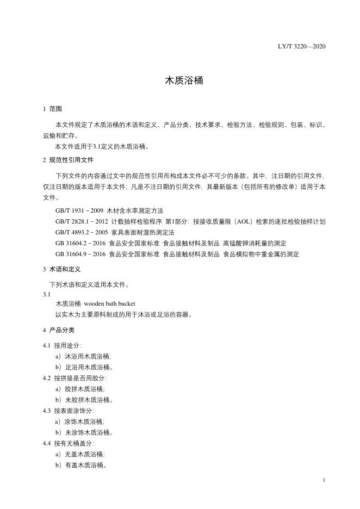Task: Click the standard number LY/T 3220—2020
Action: click(x=301, y=46)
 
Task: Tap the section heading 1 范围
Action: click(x=53, y=109)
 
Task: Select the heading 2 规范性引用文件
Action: click(x=68, y=160)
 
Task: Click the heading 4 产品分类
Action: click(x=58, y=330)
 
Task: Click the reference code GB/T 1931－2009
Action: click(x=80, y=210)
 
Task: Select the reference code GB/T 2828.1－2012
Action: click(x=82, y=221)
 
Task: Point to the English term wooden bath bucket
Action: click(x=110, y=303)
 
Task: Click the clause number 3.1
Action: click(x=46, y=294)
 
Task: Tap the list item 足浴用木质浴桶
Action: click(x=88, y=367)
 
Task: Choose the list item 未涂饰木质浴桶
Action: click(x=88, y=432)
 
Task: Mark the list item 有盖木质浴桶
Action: click(x=85, y=465)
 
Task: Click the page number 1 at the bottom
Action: click(x=324, y=480)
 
